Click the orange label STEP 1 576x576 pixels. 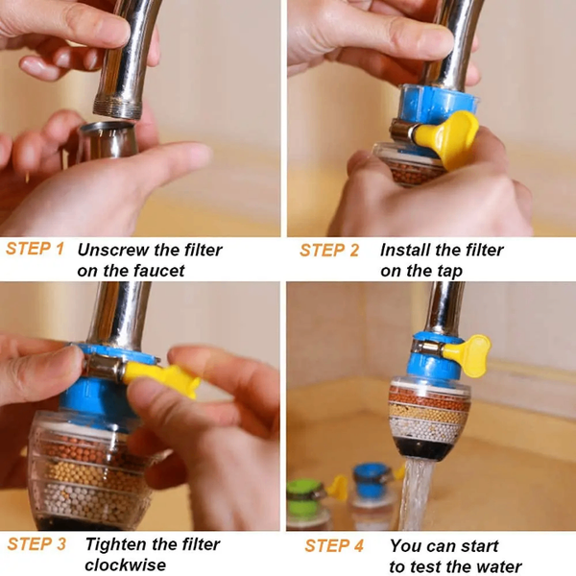click(36, 250)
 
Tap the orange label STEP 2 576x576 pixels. click(329, 251)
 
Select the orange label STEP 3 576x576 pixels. click(36, 544)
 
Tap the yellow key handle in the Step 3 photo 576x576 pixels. click(163, 376)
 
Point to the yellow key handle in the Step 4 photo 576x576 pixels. click(469, 350)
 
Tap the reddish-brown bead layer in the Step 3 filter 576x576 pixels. click(82, 449)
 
